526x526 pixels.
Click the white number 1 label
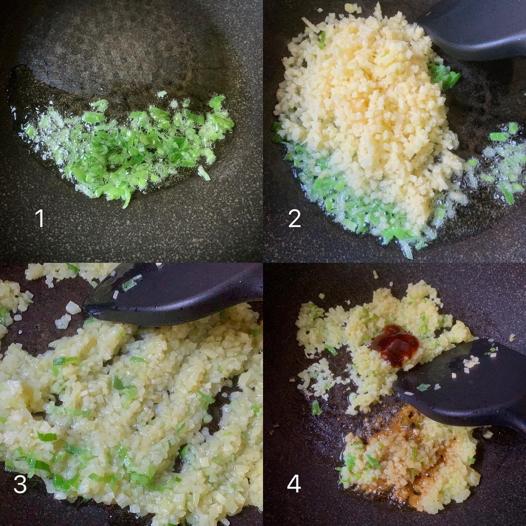pyautogui.click(x=40, y=218)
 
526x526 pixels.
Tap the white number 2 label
pyautogui.click(x=295, y=218)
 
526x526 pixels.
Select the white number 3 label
pyautogui.click(x=20, y=484)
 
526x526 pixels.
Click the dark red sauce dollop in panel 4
pyautogui.click(x=396, y=344)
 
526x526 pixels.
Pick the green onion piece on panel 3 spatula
pyautogui.click(x=129, y=285)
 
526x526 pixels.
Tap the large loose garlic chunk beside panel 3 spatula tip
pyautogui.click(x=73, y=308)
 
